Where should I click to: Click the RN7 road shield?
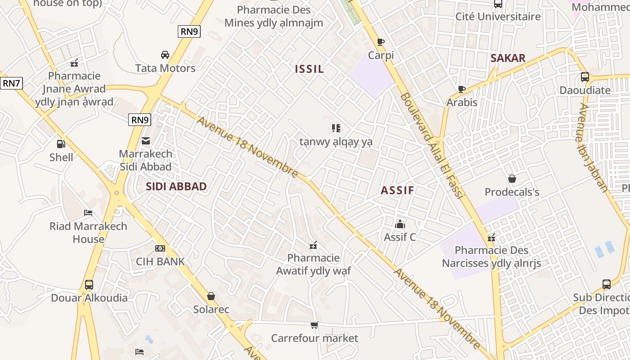tap(11, 83)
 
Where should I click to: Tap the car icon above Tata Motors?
tap(165, 55)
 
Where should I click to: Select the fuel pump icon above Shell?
tap(61, 144)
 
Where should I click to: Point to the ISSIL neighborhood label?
tap(309, 69)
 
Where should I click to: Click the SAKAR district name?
tap(508, 58)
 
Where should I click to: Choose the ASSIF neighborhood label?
tap(397, 190)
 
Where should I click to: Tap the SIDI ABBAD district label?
tap(176, 187)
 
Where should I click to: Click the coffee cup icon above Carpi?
tap(381, 42)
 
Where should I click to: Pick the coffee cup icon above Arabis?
tap(461, 89)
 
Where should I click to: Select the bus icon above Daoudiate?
tap(585, 77)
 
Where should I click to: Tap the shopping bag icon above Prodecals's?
tap(512, 179)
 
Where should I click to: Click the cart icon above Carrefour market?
tap(314, 325)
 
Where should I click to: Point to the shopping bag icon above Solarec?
tap(211, 297)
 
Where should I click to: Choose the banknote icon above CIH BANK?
tap(160, 248)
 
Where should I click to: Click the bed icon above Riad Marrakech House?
tap(88, 213)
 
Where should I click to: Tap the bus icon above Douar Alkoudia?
tap(89, 285)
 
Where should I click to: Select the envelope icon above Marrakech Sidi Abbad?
tap(146, 141)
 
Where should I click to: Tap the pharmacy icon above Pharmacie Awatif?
tap(313, 245)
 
